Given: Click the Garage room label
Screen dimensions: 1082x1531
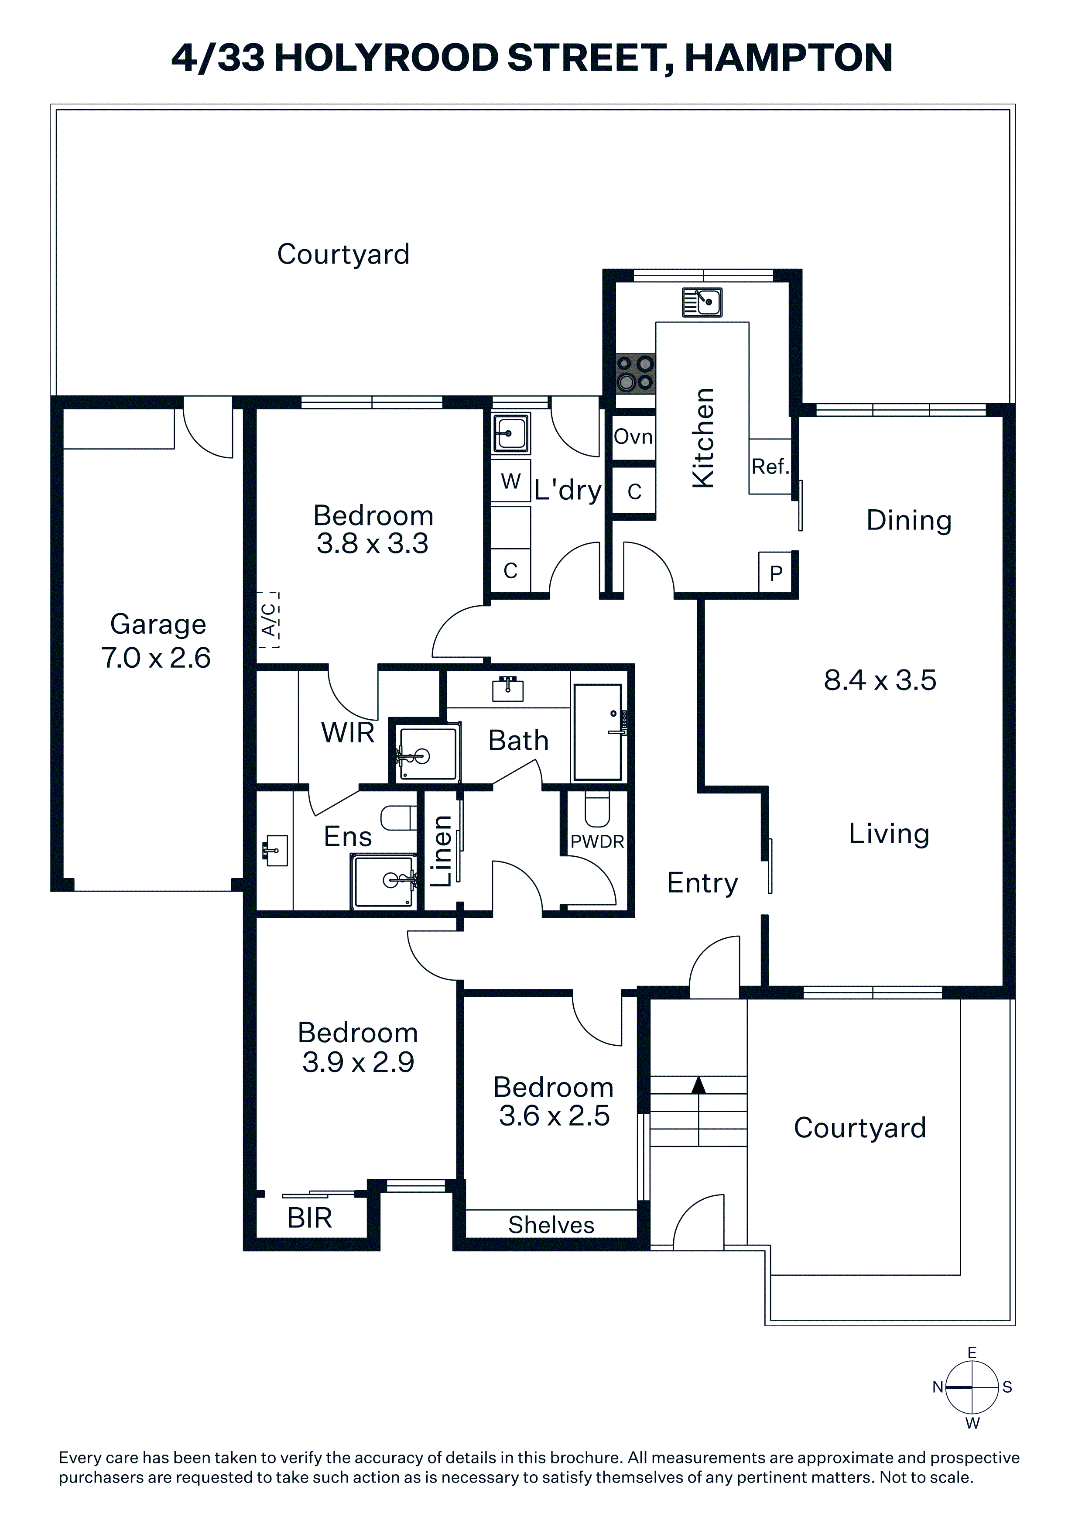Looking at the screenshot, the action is point(158,625).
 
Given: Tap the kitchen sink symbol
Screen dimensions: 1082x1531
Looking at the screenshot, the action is point(702,302).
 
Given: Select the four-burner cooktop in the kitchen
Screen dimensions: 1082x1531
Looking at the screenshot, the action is point(635,374).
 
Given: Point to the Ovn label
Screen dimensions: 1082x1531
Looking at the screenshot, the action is point(633,437).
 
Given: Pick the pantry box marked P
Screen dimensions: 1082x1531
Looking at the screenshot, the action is point(776,573).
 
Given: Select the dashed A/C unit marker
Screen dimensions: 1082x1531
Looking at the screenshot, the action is point(269,619).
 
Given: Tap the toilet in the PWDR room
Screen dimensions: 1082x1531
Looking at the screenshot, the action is point(597,809).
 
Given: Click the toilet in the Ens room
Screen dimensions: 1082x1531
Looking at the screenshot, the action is point(399,818).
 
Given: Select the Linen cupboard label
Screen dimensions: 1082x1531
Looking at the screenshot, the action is point(442,851).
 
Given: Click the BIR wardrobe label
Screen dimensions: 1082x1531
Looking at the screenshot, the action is point(309,1218).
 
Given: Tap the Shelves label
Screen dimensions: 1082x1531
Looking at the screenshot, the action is point(551,1225).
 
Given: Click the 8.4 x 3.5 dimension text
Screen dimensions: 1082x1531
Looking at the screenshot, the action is point(880,680).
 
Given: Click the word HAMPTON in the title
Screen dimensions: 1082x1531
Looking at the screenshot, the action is point(789,58).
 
